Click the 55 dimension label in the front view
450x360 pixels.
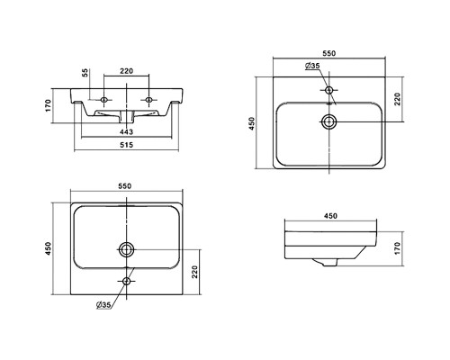tap(85, 73)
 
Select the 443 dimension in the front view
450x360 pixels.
tap(126, 131)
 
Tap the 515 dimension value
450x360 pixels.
tap(126, 145)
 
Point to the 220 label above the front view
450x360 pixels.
tap(126, 71)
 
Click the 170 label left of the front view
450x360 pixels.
tap(49, 105)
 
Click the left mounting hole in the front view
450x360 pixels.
tap(104, 100)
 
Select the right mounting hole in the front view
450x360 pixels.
tap(148, 100)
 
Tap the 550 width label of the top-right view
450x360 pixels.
tap(329, 53)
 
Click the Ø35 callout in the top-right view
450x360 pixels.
tap(312, 66)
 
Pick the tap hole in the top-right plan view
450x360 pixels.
tap(329, 90)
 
